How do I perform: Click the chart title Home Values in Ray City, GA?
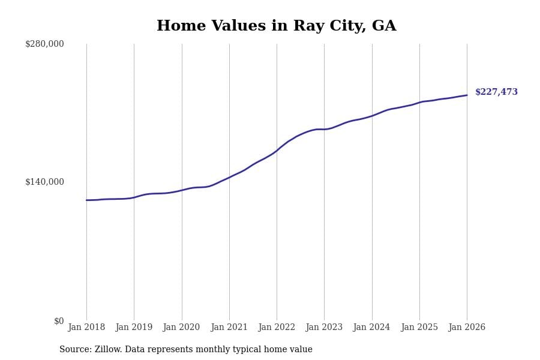point(276,26)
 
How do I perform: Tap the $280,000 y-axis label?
point(44,44)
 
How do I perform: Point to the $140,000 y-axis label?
point(44,182)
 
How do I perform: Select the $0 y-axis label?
point(59,321)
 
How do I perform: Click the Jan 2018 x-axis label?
point(86,327)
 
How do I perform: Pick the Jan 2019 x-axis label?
point(134,327)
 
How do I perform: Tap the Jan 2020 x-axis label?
point(181,327)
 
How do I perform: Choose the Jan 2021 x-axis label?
point(229,327)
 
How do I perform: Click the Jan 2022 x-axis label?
point(277,327)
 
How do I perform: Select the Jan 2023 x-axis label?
point(324,327)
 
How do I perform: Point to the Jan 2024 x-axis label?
point(371,327)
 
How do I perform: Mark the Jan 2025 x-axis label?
point(419,327)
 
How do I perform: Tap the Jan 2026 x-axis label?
point(467,327)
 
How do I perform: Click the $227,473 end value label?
point(496,92)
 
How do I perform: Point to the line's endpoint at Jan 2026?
point(467,95)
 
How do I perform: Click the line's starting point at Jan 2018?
point(86,200)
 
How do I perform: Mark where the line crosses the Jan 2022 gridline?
point(277,150)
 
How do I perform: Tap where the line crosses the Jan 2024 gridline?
point(372,116)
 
